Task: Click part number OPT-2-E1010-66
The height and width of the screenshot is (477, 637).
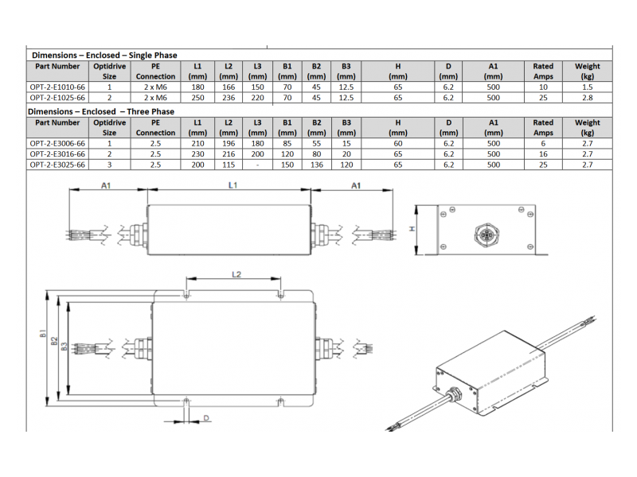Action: (57, 87)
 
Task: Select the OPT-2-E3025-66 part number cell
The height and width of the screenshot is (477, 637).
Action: (57, 165)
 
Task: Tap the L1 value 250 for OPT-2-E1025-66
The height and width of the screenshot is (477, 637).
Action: (197, 98)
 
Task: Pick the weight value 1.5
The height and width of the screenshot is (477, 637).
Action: (587, 87)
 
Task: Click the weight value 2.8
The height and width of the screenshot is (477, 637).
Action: (587, 98)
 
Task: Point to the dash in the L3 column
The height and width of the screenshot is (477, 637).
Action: (257, 165)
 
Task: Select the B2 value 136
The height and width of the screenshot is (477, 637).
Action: (316, 165)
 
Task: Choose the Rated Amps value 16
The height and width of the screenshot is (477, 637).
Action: (543, 154)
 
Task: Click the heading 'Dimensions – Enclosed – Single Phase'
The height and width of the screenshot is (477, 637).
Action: (104, 55)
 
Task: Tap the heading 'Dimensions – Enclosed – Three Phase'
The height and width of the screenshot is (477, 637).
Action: (101, 111)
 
